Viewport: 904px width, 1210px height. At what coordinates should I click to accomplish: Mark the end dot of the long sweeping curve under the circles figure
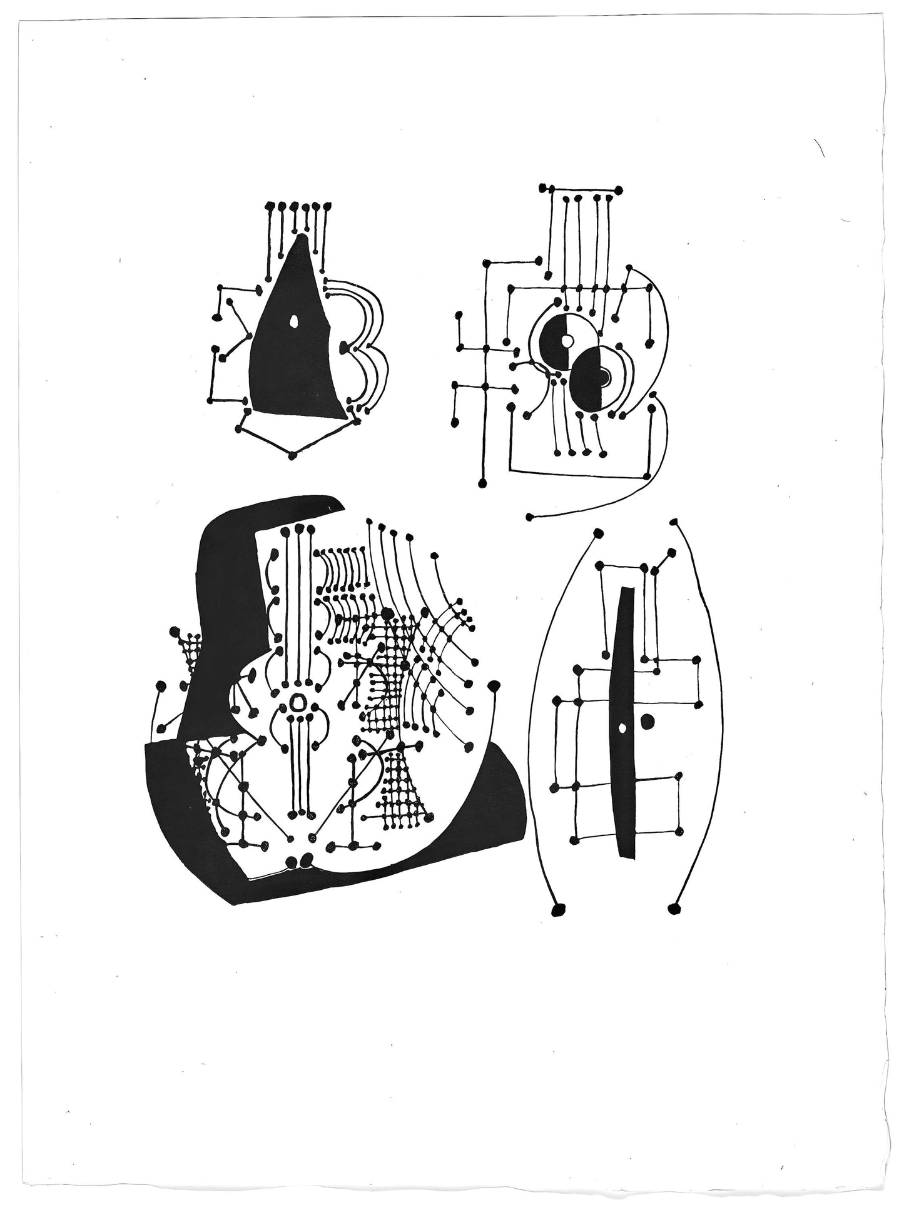(531, 517)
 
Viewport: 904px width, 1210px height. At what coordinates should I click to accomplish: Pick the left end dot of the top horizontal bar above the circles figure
(551, 188)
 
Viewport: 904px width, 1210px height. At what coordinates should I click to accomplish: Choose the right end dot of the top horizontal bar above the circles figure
(619, 188)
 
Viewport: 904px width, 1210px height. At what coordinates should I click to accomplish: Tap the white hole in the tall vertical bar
(622, 727)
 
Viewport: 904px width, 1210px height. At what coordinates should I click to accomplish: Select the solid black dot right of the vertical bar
(648, 721)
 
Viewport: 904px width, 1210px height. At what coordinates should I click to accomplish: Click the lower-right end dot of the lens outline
(674, 907)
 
